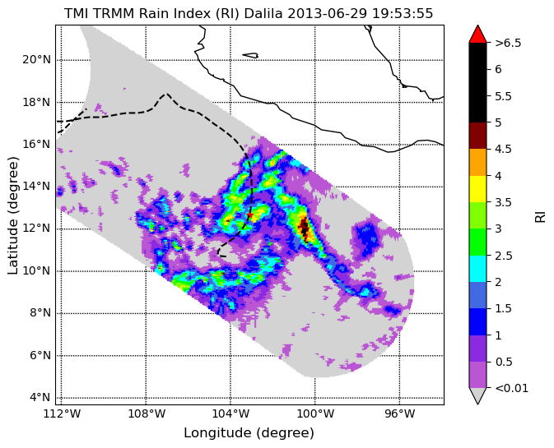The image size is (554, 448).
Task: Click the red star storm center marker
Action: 249,215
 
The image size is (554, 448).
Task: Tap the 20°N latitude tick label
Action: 36,60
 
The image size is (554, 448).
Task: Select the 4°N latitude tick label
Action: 40,398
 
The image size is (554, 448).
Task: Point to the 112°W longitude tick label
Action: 62,414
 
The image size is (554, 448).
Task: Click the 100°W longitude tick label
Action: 315,414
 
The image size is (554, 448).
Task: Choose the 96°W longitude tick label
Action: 399,414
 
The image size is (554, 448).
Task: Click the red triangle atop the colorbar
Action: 477,34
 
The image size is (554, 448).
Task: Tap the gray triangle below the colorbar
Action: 477,395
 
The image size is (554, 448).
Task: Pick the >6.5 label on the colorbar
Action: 508,43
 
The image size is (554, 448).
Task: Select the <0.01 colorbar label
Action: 511,388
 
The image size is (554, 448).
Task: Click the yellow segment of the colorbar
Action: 477,189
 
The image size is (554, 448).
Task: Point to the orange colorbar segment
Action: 477,162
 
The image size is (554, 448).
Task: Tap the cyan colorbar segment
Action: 477,269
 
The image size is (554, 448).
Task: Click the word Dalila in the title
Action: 263,14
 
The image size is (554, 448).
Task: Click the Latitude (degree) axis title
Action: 12,215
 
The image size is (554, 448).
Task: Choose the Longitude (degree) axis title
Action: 249,433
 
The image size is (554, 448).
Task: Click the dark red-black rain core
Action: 305,229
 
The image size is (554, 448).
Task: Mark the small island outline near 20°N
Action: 250,55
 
